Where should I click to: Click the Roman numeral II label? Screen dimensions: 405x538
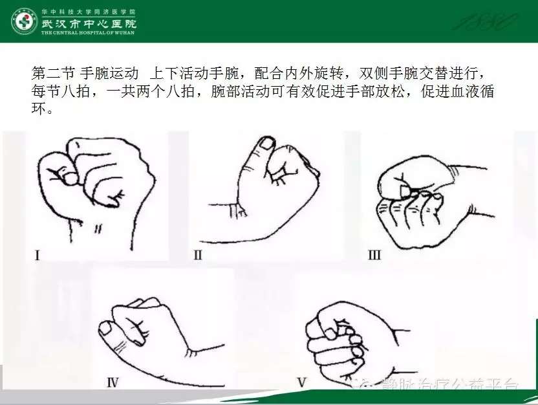click(197, 255)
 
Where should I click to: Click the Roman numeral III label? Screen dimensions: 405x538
click(374, 255)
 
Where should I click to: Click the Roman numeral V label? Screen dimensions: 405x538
click(301, 382)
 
